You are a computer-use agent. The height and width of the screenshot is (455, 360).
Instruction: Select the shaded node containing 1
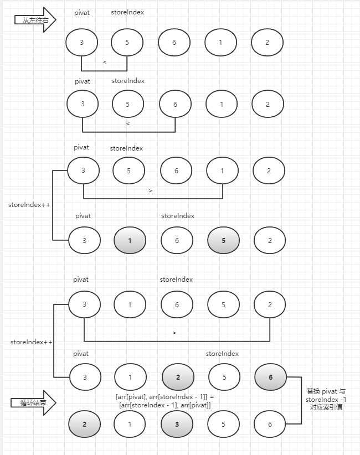pos(130,240)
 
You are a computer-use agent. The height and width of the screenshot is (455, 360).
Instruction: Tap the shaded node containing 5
pos(223,240)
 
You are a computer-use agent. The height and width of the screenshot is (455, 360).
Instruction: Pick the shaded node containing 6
pos(270,378)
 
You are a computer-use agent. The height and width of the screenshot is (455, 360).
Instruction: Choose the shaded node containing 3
pos(177,425)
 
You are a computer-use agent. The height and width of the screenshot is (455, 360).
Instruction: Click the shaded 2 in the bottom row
pos(84,425)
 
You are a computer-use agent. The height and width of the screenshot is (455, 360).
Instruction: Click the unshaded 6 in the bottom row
pos(270,425)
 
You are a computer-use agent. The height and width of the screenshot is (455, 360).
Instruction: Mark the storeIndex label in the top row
pos(127,12)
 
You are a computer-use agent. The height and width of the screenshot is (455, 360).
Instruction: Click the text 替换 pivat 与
pos(326,391)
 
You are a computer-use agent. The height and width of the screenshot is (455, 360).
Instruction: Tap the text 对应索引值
pos(326,407)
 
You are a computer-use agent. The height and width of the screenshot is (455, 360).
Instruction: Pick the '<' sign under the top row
pos(105,63)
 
